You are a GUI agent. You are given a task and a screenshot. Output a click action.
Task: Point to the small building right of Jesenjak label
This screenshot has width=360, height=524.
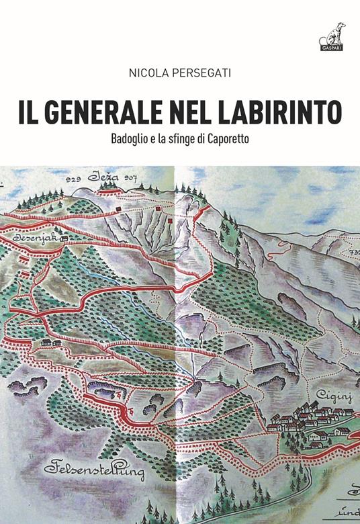point(64,238)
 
